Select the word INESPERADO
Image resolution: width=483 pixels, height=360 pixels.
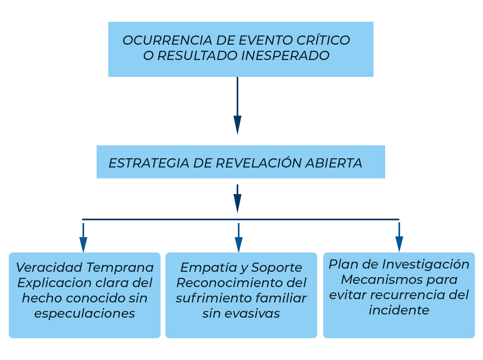(x=285, y=55)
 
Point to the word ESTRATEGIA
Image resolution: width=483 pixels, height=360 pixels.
(x=149, y=163)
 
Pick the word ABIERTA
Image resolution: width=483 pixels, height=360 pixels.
(x=334, y=163)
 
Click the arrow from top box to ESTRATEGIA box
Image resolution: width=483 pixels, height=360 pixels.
(x=237, y=106)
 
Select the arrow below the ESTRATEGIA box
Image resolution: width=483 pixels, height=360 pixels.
(x=237, y=199)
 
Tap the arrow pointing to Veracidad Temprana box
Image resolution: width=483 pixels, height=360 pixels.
(x=83, y=238)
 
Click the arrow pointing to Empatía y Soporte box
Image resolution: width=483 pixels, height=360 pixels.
(x=239, y=238)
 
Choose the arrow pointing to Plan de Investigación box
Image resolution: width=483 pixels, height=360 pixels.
(x=399, y=237)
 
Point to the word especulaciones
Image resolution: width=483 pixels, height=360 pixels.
(x=85, y=314)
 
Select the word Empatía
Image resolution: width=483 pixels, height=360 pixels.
(x=209, y=268)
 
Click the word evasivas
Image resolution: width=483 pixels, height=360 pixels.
(x=252, y=314)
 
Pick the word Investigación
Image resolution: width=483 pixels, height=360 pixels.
(x=425, y=265)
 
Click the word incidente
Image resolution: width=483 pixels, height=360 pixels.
(x=399, y=310)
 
